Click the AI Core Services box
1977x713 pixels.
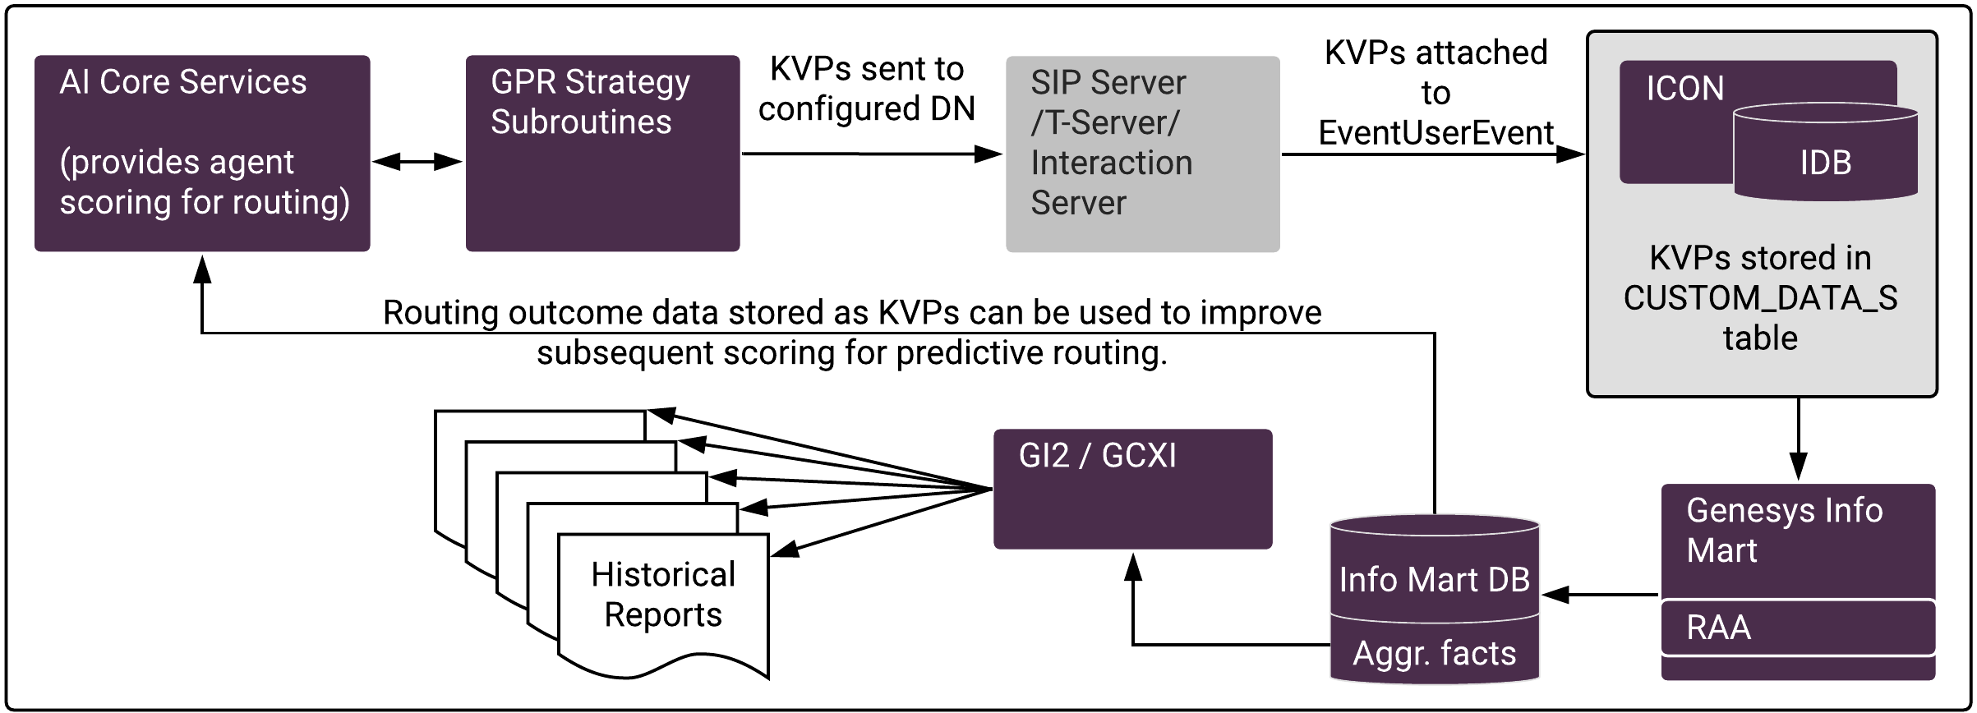pos(202,153)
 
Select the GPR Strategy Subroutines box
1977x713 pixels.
pos(602,153)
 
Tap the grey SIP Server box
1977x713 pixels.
pos(1142,154)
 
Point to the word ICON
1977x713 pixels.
pos(1684,89)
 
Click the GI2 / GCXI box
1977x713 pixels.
pos(1132,489)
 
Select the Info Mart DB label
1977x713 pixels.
pos(1434,580)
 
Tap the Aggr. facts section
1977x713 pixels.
pos(1434,653)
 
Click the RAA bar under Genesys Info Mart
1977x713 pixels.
pos(1798,628)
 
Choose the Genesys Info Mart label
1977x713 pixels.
pos(1784,531)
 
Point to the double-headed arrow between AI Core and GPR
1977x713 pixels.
pos(417,161)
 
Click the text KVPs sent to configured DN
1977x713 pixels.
pos(866,89)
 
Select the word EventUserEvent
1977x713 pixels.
pos(1436,133)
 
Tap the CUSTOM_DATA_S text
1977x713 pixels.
pos(1760,298)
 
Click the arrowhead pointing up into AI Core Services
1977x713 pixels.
pos(202,269)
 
